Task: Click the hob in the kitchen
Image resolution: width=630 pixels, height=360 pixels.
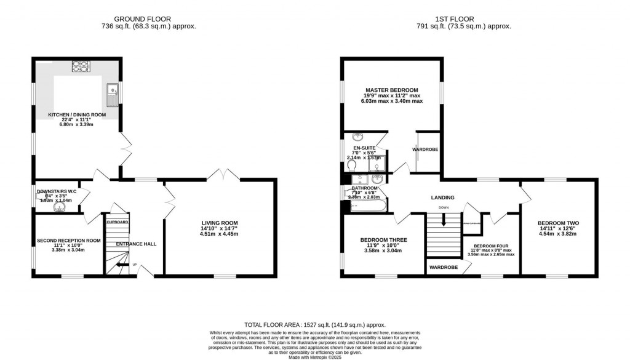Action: (x=81, y=65)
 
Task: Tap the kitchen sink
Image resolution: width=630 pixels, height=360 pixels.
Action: (x=113, y=95)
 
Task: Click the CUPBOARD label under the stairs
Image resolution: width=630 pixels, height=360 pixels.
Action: (x=117, y=222)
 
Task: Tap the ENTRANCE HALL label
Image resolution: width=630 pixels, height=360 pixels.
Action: (x=136, y=244)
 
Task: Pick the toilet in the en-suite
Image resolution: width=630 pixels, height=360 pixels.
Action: (x=352, y=165)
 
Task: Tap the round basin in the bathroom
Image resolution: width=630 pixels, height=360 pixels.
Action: (x=378, y=179)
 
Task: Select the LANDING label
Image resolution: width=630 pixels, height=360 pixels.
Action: (x=442, y=198)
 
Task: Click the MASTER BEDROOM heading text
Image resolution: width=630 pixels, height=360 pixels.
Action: (x=391, y=90)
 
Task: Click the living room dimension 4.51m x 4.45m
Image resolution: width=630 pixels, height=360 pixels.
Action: (x=220, y=234)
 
